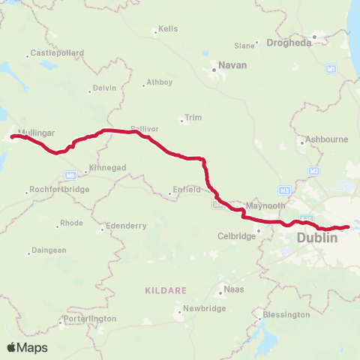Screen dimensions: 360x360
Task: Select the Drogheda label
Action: coord(289,43)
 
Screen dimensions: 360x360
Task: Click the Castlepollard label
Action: coord(56,53)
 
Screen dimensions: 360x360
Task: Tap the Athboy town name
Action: coord(160,82)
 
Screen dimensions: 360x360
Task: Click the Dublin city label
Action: coord(317,238)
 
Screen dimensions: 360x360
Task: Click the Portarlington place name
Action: coord(91,319)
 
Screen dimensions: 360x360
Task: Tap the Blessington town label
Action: coord(286,315)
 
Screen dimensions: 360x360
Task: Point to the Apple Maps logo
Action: coord(27,347)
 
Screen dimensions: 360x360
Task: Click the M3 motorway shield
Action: coord(284,190)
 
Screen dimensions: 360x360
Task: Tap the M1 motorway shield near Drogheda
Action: coord(330,69)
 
